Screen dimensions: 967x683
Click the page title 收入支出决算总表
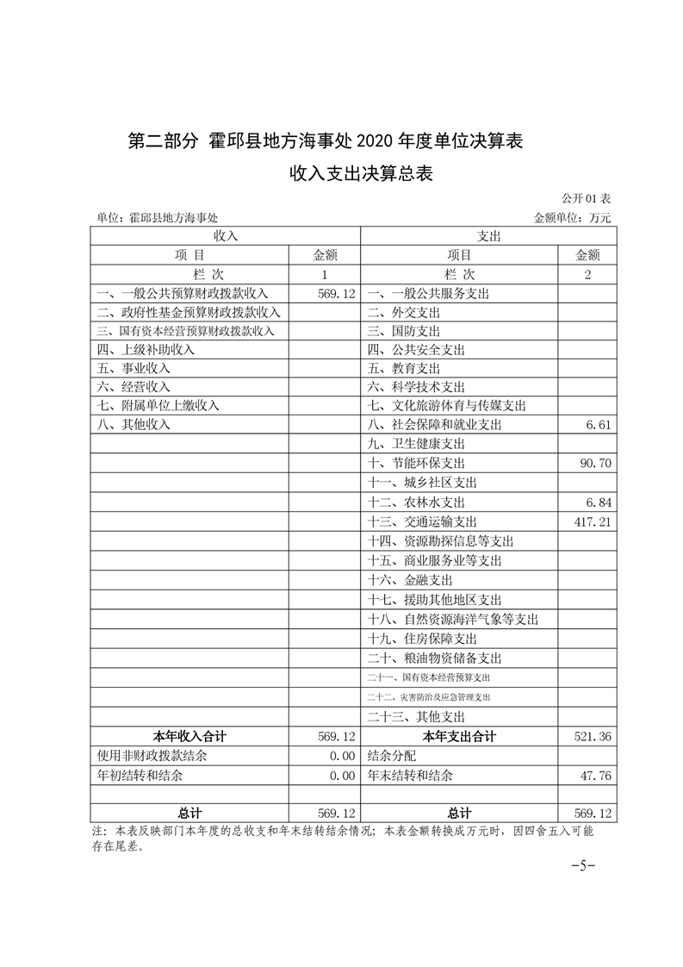tap(360, 174)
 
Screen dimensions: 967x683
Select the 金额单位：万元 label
tap(572, 219)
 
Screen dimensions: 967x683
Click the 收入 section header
tap(226, 236)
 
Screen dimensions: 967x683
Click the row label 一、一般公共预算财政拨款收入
tap(183, 294)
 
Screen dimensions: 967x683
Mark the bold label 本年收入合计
tap(189, 736)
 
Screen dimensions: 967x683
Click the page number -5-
tap(583, 865)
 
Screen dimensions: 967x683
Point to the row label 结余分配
tap(391, 756)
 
